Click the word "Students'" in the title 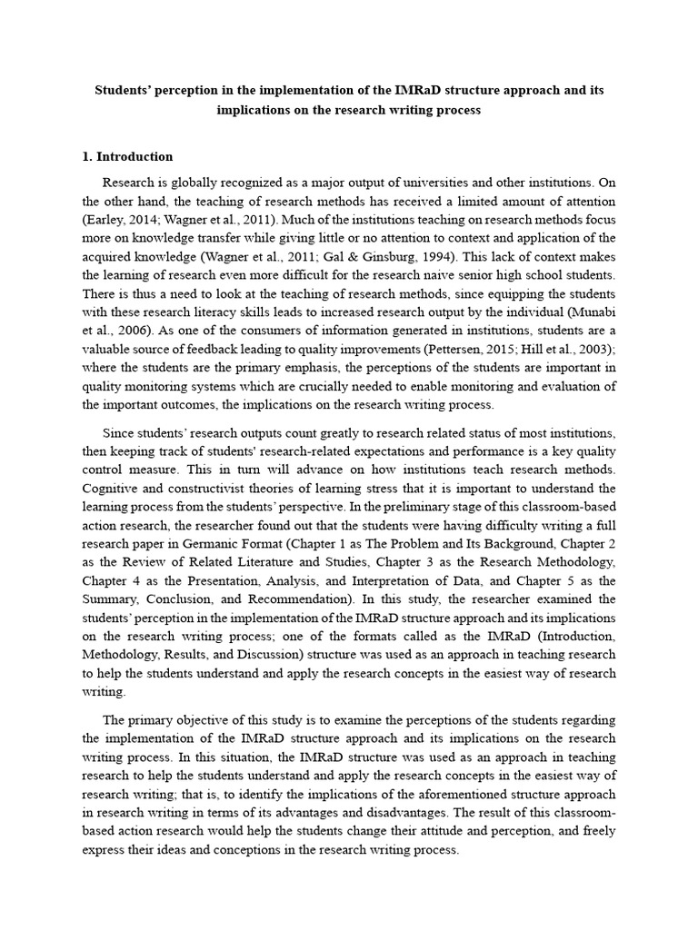(x=127, y=91)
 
